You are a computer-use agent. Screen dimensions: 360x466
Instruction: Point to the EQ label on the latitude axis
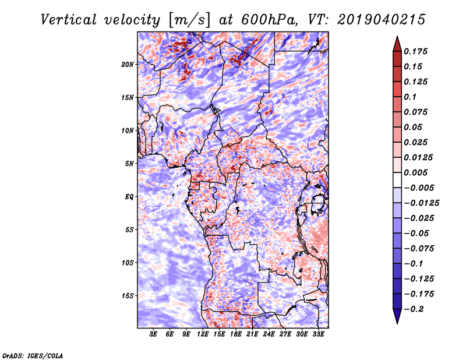pos(129,197)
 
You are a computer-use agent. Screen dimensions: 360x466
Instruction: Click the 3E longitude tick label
pos(154,335)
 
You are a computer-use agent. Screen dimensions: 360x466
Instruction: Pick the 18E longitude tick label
pos(236,335)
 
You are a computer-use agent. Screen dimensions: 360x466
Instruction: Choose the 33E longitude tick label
pos(318,335)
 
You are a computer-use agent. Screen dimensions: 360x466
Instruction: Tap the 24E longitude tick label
pos(269,335)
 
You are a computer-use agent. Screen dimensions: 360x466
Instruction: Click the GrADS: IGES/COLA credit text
pos(32,355)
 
